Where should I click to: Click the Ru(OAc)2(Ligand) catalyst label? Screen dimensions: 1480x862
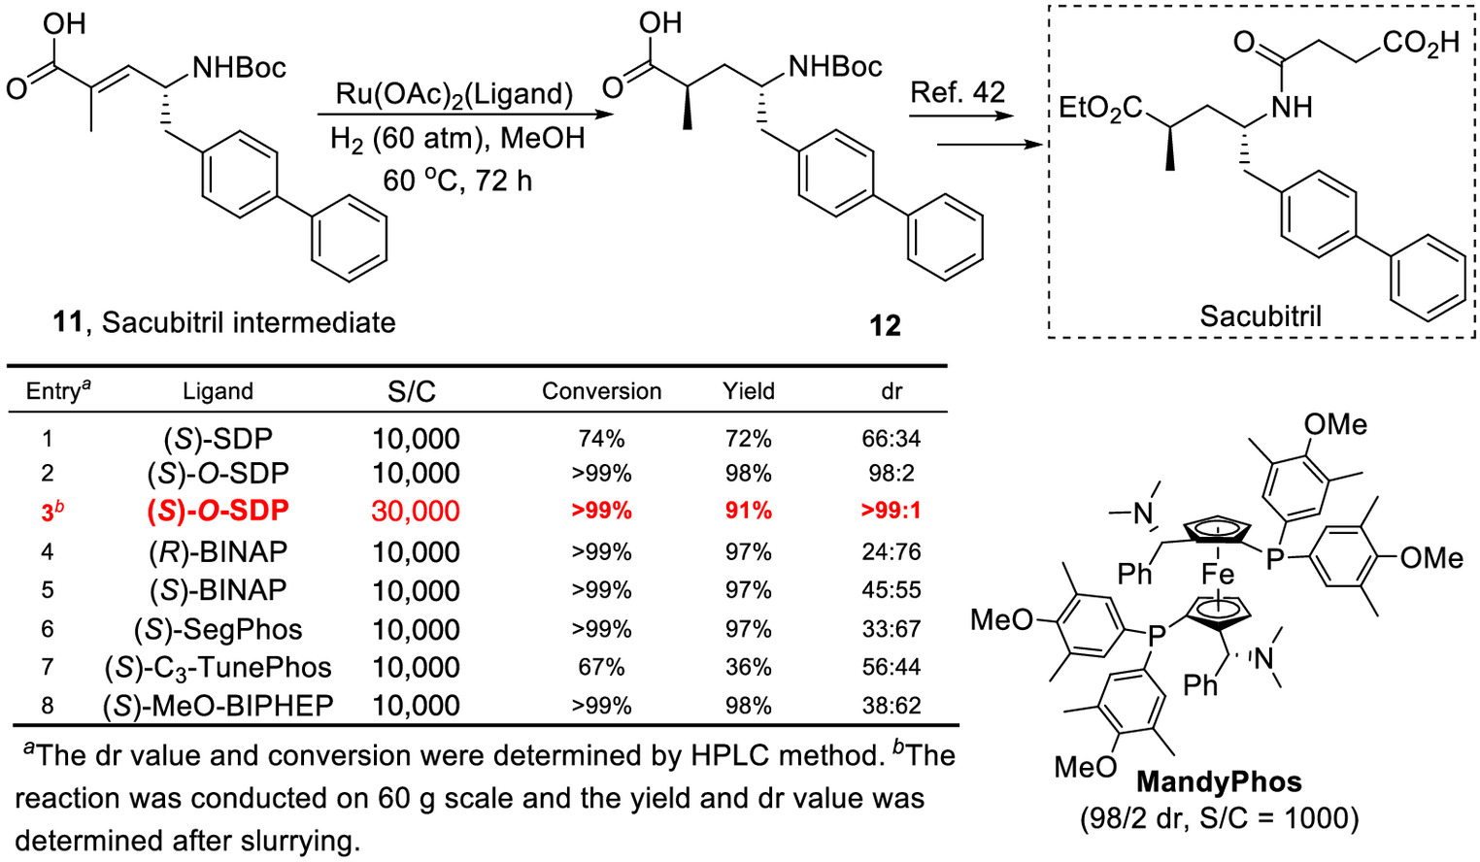click(x=454, y=94)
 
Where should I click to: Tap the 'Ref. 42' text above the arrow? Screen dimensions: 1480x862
click(x=958, y=92)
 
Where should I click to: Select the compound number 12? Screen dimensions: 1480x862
click(x=886, y=325)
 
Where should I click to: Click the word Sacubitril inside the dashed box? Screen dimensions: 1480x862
click(x=1261, y=316)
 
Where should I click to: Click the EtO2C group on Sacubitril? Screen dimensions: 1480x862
click(x=1100, y=108)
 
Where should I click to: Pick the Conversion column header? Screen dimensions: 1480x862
click(x=601, y=391)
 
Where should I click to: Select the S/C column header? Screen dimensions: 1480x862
click(x=412, y=392)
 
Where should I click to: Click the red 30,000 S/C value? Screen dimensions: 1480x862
click(x=416, y=512)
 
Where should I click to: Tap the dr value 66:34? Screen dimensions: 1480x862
click(x=891, y=439)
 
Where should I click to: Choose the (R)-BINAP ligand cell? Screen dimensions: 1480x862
click(x=219, y=551)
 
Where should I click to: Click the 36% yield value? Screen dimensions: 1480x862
click(x=748, y=667)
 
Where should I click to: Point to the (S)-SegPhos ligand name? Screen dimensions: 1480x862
click(x=219, y=629)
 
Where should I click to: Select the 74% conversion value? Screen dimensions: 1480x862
click(x=601, y=439)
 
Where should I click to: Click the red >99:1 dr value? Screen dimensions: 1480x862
click(x=891, y=512)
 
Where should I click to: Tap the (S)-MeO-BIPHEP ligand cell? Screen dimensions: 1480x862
click(x=219, y=706)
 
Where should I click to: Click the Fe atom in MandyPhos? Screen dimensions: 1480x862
click(x=1218, y=574)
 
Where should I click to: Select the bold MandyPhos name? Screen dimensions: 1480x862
click(x=1219, y=782)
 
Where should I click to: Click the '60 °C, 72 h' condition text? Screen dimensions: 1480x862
click(x=457, y=181)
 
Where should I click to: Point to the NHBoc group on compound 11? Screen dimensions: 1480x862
click(x=239, y=67)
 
